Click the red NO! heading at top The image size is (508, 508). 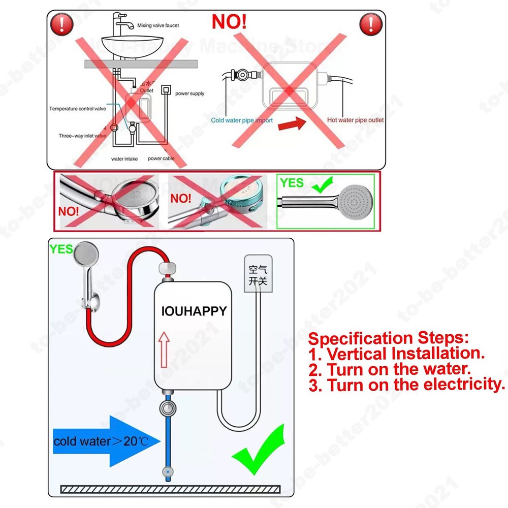tap(229, 22)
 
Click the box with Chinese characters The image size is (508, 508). tap(258, 275)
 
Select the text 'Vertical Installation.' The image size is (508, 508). tap(405, 353)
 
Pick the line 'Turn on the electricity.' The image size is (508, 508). tap(415, 385)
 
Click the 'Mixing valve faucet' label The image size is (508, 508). tap(158, 25)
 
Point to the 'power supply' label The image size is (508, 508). tap(190, 93)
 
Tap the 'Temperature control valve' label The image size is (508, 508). tap(78, 109)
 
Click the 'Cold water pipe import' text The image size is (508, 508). tap(242, 120)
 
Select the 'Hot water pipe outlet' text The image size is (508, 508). tap(355, 120)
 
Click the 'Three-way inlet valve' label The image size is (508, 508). tap(82, 136)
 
